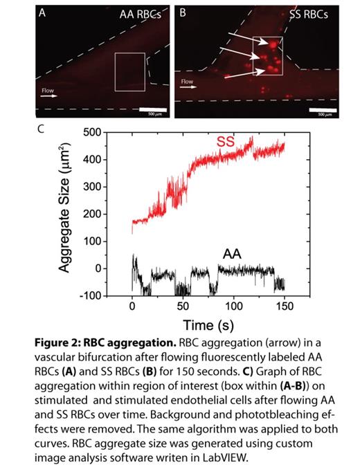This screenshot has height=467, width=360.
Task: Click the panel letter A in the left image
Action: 43,12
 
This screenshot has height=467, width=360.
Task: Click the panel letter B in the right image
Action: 183,12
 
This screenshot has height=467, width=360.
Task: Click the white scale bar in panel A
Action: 152,109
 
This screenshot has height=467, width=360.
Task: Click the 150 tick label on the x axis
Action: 284,305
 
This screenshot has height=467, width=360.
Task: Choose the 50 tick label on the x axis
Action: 182,305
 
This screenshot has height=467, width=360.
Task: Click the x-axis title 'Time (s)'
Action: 207,324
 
